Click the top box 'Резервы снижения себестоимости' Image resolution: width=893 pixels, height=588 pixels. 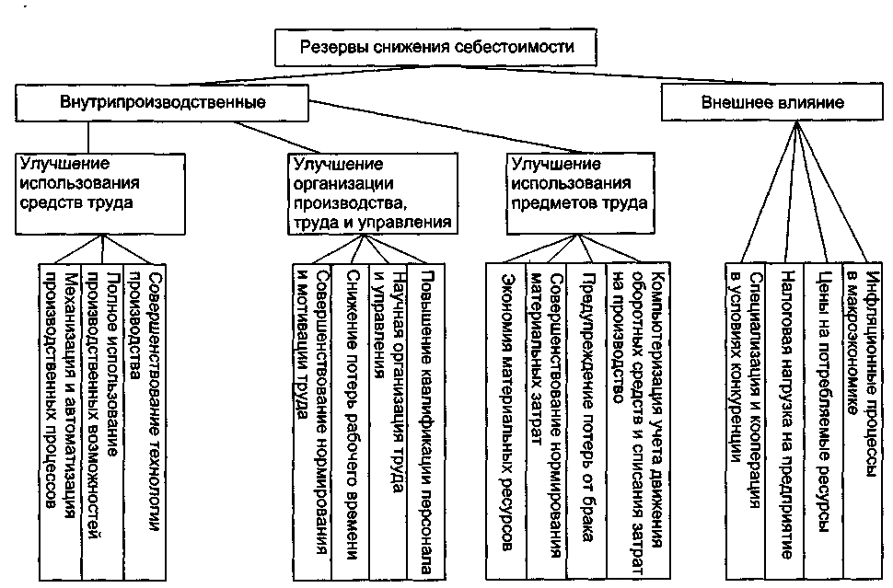(x=435, y=47)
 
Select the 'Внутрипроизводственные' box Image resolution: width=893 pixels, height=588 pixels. (x=162, y=102)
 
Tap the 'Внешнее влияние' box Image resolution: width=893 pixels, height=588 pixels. (x=772, y=102)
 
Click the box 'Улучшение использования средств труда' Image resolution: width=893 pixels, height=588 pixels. (x=100, y=193)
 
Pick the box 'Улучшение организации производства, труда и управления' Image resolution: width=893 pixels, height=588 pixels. (x=373, y=193)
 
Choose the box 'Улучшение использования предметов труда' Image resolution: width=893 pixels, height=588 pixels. (x=580, y=193)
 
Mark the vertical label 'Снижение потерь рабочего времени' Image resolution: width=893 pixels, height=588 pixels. (x=352, y=415)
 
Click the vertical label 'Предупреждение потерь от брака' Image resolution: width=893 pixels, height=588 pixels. (x=587, y=406)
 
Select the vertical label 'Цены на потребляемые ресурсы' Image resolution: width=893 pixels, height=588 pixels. (x=824, y=400)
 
